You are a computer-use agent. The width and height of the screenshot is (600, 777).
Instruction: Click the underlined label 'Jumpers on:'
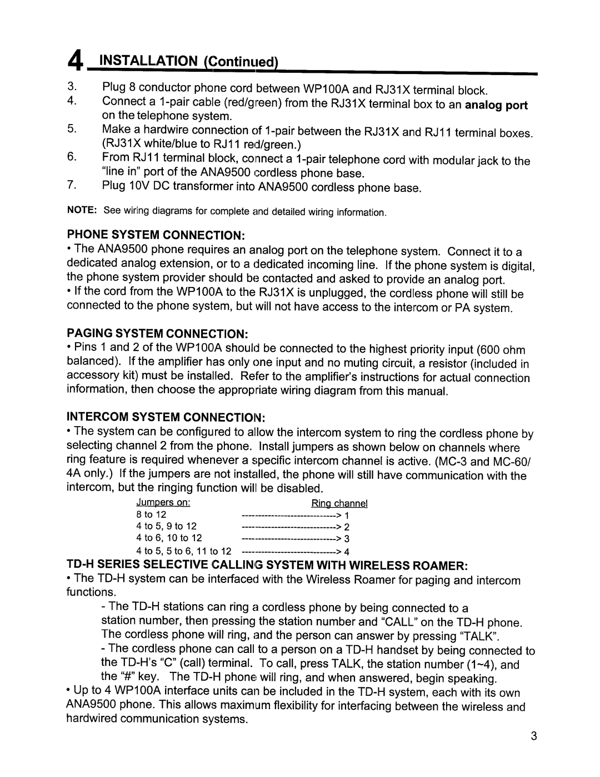click(164, 503)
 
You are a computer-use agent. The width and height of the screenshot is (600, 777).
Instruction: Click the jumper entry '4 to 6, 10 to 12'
click(169, 538)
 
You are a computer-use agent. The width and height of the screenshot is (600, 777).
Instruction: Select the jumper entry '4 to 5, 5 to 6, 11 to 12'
click(184, 551)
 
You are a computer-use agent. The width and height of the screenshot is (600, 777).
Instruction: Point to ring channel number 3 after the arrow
click(347, 538)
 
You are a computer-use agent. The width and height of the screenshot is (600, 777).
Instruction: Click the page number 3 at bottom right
click(533, 738)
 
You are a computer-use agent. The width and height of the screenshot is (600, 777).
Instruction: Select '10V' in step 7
click(139, 186)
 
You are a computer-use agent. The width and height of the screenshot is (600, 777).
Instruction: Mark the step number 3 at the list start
click(71, 88)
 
